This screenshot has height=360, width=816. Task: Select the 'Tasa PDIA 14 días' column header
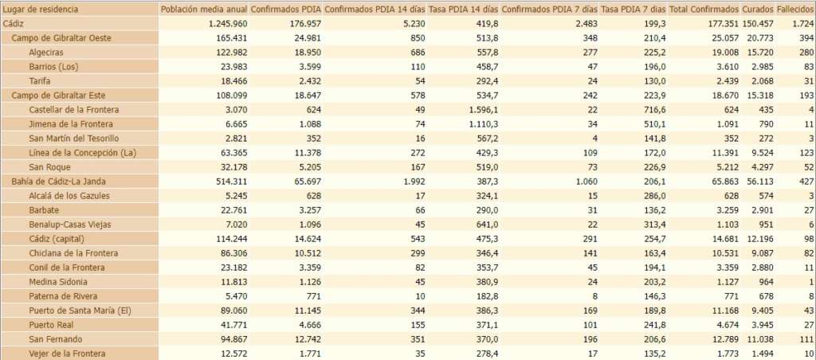click(x=463, y=10)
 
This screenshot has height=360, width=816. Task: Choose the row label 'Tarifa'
click(x=41, y=80)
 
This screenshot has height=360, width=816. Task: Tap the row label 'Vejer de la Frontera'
click(x=67, y=353)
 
